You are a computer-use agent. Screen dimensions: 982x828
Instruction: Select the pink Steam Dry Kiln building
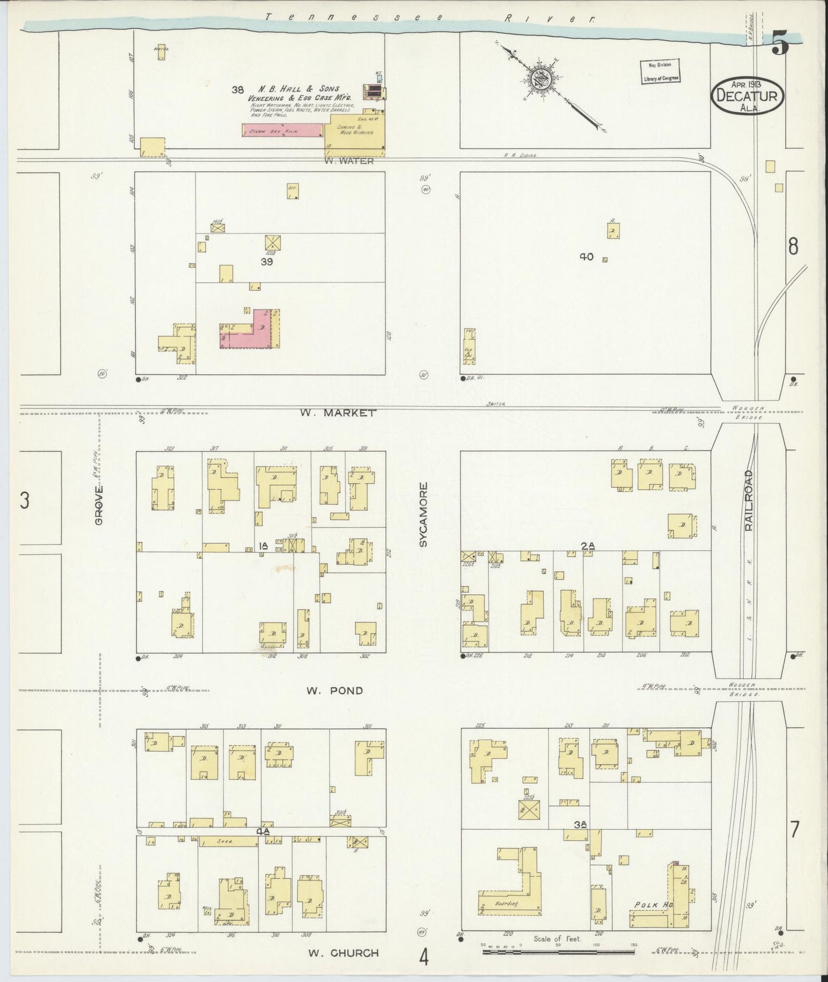[x=282, y=130]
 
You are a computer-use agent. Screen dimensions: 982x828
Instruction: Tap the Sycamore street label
[x=423, y=514]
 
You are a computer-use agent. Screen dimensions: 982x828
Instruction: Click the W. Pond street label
[x=334, y=690]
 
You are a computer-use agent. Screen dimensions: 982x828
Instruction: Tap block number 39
[x=266, y=262]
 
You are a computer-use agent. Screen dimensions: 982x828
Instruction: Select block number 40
[x=586, y=257]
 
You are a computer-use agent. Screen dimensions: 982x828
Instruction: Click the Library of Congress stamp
[x=660, y=72]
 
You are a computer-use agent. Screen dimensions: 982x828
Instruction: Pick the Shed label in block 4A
[x=227, y=841]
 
